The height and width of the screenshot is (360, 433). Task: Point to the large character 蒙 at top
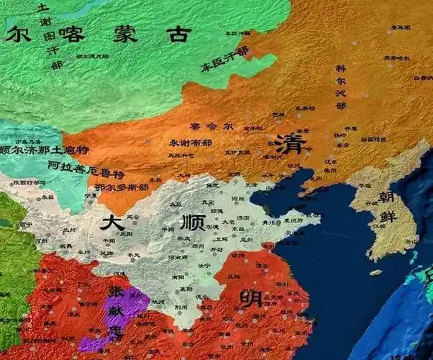(125, 34)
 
